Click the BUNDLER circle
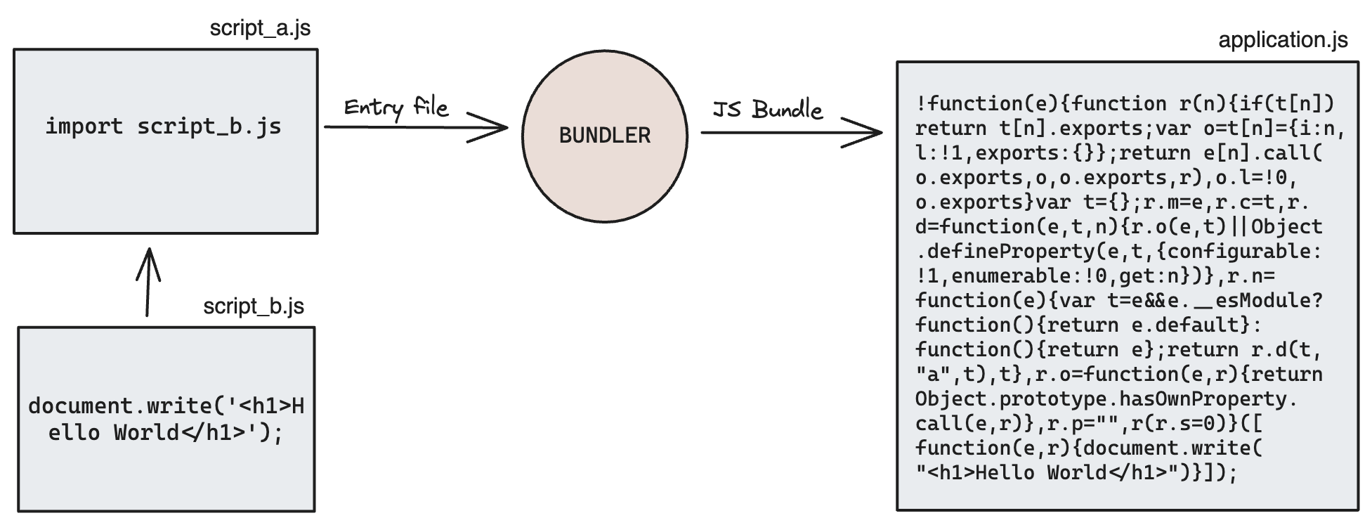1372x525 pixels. coord(604,136)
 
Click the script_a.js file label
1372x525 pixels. coord(260,29)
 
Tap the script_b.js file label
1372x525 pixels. coord(254,306)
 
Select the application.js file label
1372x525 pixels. coord(1283,40)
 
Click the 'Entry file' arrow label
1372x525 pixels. coord(396,108)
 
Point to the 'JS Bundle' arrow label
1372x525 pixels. coord(767,110)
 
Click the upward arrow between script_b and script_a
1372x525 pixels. coord(148,281)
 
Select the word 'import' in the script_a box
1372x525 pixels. coord(84,127)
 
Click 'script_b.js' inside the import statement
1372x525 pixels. coord(209,127)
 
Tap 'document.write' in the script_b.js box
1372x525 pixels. coord(121,406)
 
